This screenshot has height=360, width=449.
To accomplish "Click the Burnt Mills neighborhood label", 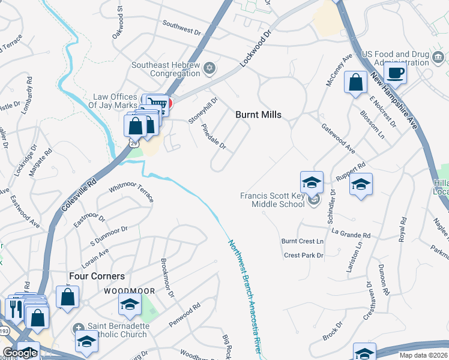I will coord(258,114).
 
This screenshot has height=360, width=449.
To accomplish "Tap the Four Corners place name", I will coord(97,276).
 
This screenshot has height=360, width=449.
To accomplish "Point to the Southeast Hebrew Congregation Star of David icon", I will coord(209,67).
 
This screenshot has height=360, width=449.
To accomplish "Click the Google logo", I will coord(19,353).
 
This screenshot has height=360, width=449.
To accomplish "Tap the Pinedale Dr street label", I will coord(213,137).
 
